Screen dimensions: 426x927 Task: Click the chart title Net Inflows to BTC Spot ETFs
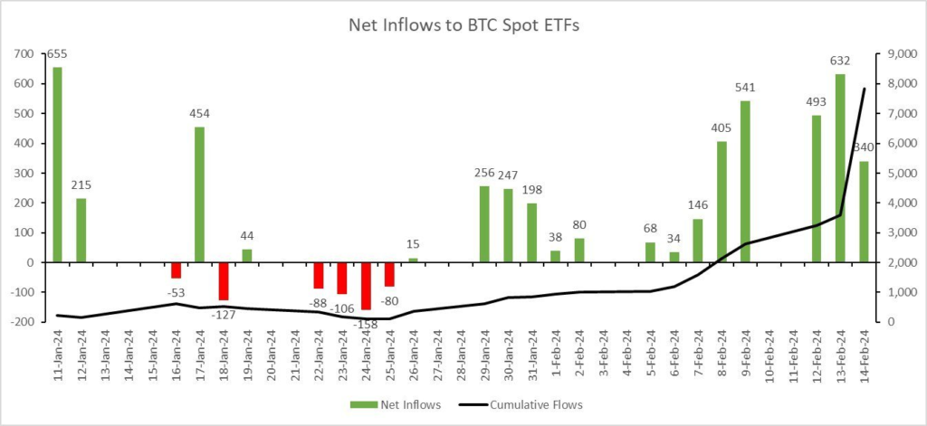(x=463, y=25)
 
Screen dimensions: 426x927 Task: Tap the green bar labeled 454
(x=200, y=194)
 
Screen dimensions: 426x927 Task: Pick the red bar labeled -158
(x=366, y=286)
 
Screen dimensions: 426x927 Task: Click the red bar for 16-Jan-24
(x=177, y=270)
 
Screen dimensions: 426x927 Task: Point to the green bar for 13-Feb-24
(x=840, y=168)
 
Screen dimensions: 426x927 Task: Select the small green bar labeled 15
(x=413, y=260)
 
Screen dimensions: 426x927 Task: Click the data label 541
(x=745, y=88)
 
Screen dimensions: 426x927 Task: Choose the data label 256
(x=484, y=173)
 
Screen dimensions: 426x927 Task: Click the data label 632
(x=840, y=62)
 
